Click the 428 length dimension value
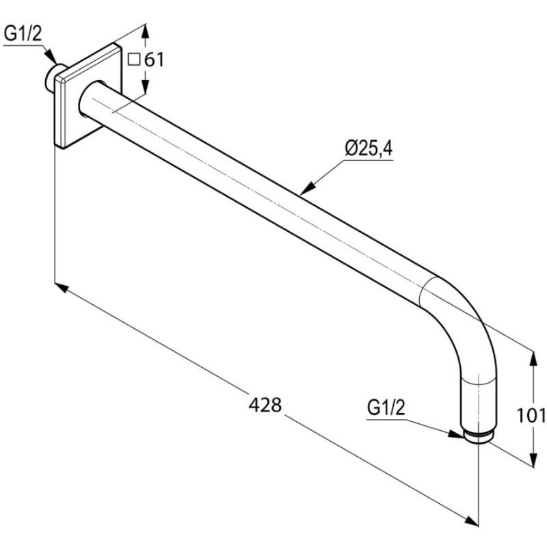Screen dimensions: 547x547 point(265,405)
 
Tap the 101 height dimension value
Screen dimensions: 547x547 point(531,415)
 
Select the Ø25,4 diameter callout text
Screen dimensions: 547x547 point(369,148)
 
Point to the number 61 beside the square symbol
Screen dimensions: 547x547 point(154,60)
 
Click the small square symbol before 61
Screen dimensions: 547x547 point(133,59)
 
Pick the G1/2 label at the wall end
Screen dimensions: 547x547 point(23,34)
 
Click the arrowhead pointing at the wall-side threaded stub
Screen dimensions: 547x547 point(50,57)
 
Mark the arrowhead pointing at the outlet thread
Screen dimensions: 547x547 point(455,433)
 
